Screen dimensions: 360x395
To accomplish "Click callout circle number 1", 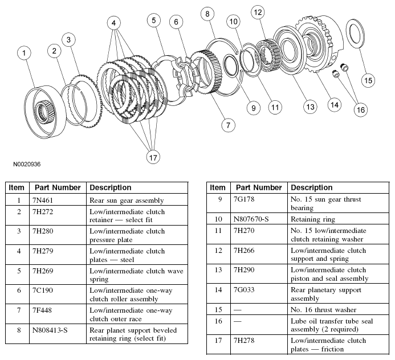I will coord(24,54).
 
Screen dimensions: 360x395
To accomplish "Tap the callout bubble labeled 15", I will coord(369,80).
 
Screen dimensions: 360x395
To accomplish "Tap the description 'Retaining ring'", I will coord(312,218).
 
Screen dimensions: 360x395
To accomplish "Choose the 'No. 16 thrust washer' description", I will coord(323,310).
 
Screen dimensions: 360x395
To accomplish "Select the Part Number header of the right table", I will coord(259,187).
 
